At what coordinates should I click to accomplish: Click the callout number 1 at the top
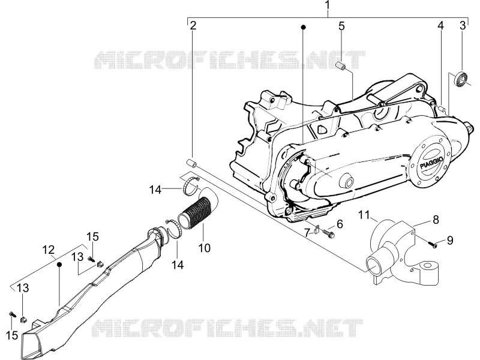[x=328, y=5]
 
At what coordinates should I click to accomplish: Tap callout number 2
[x=193, y=26]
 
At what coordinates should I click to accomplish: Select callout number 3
[x=463, y=25]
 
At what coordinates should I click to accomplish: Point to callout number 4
[x=440, y=26]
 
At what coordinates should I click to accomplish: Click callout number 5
[x=341, y=26]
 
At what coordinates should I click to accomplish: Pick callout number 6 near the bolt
[x=340, y=224]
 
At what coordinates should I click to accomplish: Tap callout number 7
[x=307, y=233]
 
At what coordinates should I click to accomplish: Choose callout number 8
[x=436, y=220]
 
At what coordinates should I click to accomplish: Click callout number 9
[x=449, y=241]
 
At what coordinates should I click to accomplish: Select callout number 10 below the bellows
[x=204, y=248]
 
